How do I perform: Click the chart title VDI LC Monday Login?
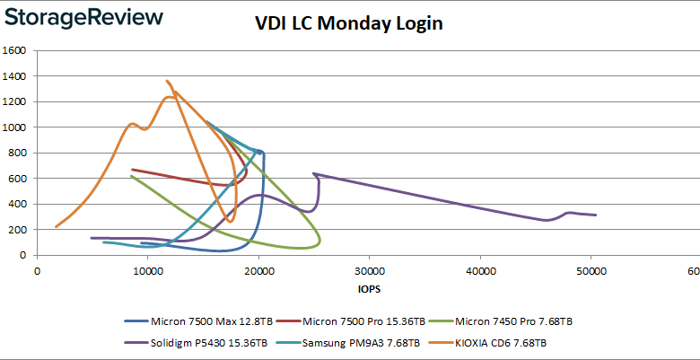[x=348, y=23]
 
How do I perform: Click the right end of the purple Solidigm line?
[x=597, y=215]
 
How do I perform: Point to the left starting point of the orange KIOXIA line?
[x=56, y=227]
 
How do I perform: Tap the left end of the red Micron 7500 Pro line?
[x=133, y=169]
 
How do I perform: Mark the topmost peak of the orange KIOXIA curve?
[x=167, y=81]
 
